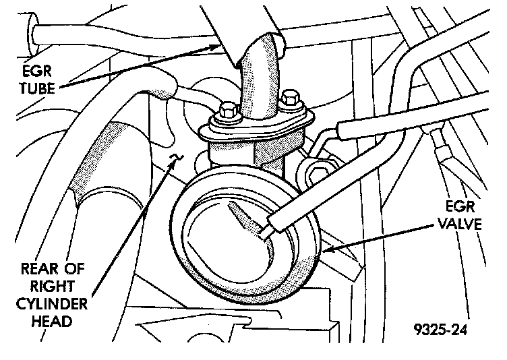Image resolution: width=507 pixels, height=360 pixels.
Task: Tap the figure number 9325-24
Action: (x=436, y=331)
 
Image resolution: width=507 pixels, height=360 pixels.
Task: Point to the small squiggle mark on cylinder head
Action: (x=175, y=158)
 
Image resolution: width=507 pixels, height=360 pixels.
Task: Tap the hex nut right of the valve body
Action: (x=316, y=168)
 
